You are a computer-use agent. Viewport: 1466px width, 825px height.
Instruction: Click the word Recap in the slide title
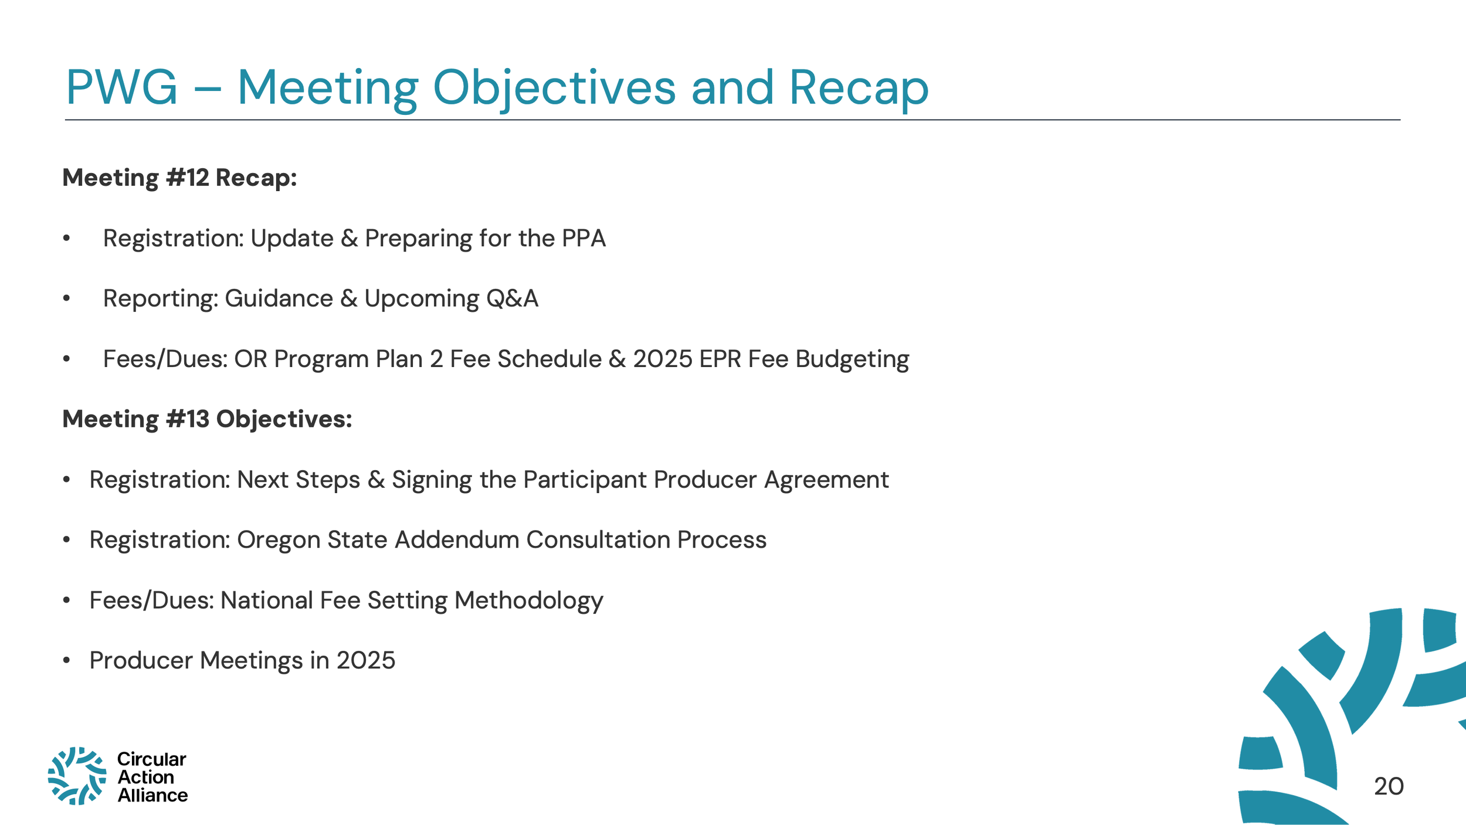(858, 88)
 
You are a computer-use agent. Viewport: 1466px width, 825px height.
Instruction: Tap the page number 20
(1389, 786)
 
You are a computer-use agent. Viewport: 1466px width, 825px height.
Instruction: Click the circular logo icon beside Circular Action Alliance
(77, 776)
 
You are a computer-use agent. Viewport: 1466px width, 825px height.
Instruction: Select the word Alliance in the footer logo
(152, 795)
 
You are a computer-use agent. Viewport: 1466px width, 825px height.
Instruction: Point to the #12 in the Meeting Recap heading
(188, 178)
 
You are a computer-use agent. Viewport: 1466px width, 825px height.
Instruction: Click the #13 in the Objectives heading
(188, 419)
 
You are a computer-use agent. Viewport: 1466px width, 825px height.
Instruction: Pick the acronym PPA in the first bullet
(583, 239)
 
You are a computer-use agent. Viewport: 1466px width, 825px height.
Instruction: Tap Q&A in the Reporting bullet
(512, 299)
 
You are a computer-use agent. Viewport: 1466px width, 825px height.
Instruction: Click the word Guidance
(279, 299)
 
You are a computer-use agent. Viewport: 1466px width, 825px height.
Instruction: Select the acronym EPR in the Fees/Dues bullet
(720, 359)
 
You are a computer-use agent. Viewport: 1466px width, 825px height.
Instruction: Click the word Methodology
(529, 601)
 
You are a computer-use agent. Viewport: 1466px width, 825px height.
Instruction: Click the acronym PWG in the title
(121, 88)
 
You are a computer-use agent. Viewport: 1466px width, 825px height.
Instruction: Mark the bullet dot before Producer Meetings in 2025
(67, 661)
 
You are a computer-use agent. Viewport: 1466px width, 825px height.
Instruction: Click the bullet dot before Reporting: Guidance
(67, 299)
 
